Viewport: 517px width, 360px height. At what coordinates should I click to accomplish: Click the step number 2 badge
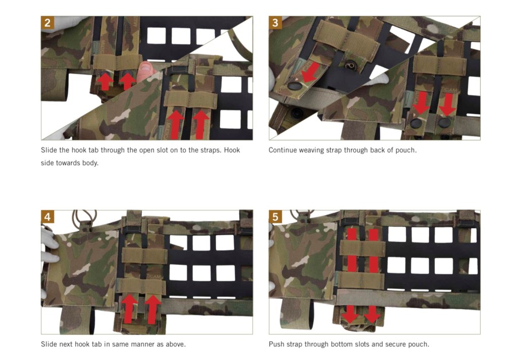click(47, 23)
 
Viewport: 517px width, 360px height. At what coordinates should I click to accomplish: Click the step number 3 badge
click(275, 23)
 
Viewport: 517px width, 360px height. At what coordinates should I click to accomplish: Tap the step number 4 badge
click(47, 217)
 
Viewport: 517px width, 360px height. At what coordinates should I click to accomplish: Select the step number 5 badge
click(275, 217)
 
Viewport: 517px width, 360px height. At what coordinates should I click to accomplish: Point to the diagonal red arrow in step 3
click(310, 72)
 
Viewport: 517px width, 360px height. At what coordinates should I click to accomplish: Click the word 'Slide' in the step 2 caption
click(49, 150)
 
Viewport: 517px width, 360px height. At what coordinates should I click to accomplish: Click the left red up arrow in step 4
click(130, 308)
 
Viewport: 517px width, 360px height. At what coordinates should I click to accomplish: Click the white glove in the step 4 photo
click(49, 245)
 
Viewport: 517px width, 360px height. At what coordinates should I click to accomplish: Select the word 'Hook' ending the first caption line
click(232, 150)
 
